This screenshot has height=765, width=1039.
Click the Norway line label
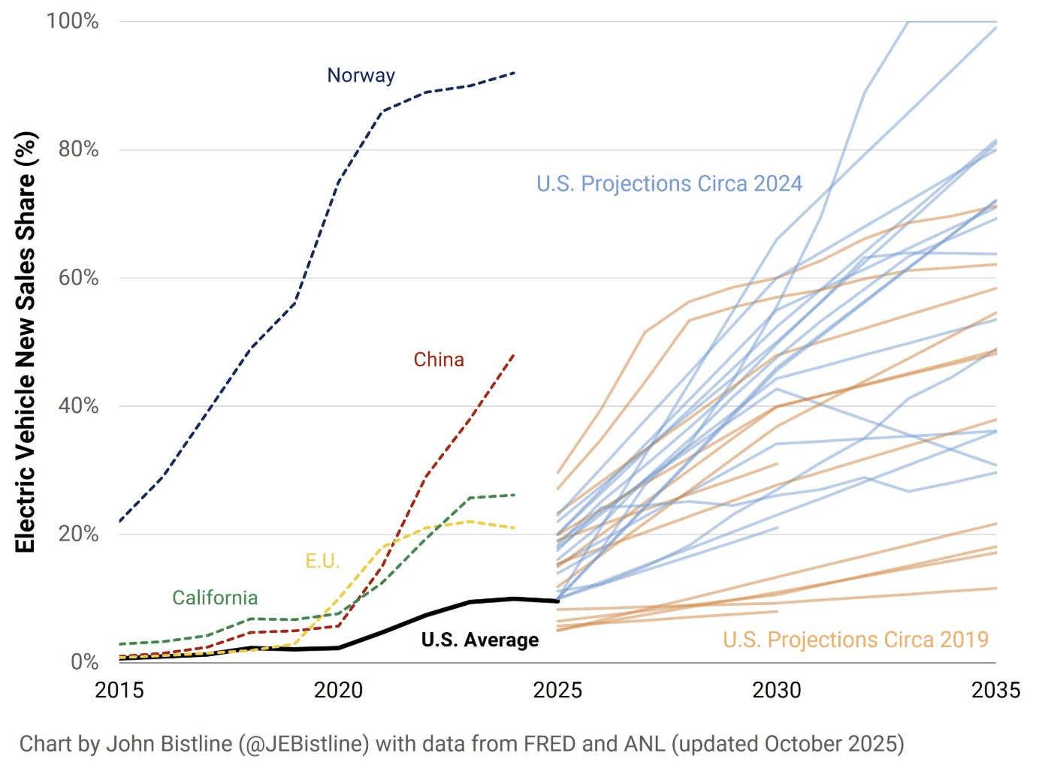[361, 75]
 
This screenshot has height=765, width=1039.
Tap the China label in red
[439, 360]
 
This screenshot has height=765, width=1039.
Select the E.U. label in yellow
[322, 561]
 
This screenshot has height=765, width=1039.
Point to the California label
[215, 598]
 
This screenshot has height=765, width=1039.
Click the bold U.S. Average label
[479, 640]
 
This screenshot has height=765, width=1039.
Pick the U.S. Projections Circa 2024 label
[669, 184]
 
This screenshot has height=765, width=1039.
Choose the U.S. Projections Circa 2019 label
[855, 640]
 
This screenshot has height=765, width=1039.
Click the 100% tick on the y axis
[73, 21]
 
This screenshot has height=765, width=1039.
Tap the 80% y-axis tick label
[78, 149]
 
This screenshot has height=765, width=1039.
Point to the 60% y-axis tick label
[78, 278]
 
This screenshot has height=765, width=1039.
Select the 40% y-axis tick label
[78, 406]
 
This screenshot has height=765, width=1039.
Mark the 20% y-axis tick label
[78, 535]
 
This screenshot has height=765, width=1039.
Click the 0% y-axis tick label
[84, 662]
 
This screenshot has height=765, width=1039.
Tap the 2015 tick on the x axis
[119, 690]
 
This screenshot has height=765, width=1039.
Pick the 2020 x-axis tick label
[338, 690]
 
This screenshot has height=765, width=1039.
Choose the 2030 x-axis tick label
[776, 690]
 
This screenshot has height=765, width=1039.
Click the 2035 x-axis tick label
[995, 690]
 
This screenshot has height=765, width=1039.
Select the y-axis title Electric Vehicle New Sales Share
[26, 342]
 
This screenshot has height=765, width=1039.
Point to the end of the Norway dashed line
[514, 73]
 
